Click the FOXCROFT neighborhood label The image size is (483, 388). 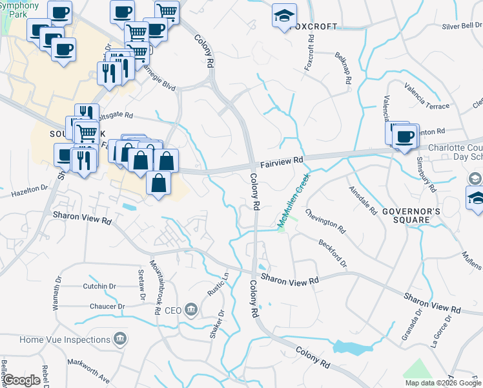click(314, 27)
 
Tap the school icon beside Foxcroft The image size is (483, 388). click(283, 17)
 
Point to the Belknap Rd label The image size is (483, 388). click(343, 69)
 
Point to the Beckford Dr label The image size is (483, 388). click(333, 253)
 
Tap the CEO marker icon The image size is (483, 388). click(191, 310)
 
